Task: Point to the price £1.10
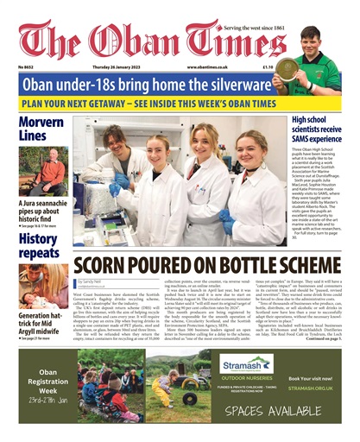click(244, 66)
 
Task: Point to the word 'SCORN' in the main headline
click(104, 265)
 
